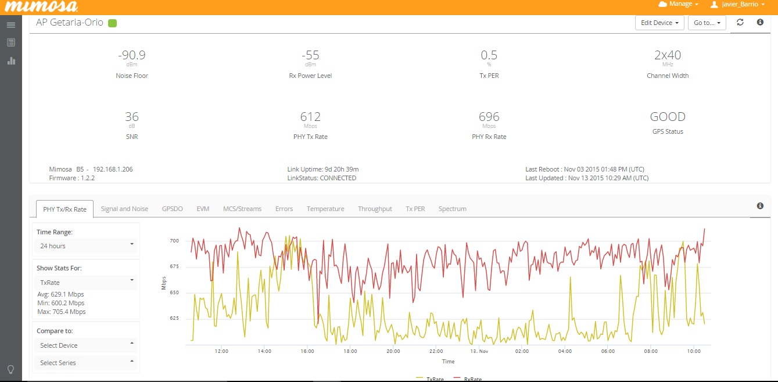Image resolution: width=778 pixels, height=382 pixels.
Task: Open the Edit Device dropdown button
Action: click(659, 23)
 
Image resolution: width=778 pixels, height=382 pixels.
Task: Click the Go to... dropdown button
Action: click(707, 23)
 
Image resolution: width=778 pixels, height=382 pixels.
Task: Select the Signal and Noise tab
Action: click(124, 209)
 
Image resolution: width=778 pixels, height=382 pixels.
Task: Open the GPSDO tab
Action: click(172, 209)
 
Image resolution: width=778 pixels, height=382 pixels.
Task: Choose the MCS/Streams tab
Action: click(242, 209)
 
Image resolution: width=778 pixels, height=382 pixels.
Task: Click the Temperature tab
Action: click(325, 209)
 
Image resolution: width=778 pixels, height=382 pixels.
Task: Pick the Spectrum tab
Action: click(452, 209)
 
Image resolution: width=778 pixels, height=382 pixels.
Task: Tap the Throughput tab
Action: click(375, 209)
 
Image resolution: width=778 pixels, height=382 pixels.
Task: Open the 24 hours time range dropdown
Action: click(85, 246)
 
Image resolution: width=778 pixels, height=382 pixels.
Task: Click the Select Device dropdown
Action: click(85, 345)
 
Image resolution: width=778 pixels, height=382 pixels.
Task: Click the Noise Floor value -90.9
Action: click(132, 55)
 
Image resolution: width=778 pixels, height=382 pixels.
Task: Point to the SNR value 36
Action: click(132, 117)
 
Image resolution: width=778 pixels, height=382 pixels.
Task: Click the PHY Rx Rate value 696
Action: click(489, 117)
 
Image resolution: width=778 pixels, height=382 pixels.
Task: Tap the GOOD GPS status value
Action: click(668, 117)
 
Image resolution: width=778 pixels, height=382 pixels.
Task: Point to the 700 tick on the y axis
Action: click(174, 241)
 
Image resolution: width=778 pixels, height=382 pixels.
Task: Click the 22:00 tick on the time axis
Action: click(436, 351)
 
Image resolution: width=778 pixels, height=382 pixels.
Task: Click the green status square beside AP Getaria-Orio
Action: click(113, 23)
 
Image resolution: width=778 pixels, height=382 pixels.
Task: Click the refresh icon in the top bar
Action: click(740, 22)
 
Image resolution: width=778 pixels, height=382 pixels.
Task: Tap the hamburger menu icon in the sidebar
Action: click(11, 25)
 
